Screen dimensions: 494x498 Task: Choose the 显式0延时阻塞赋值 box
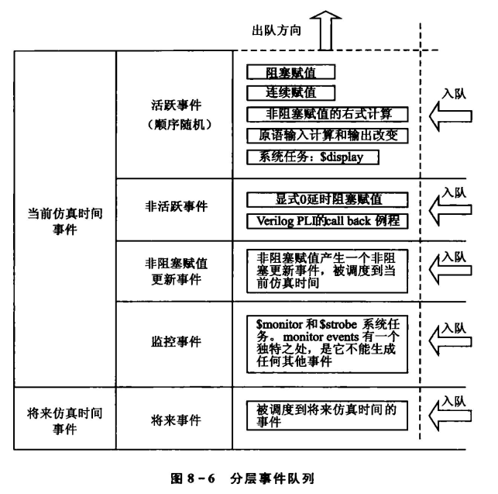coord(326,199)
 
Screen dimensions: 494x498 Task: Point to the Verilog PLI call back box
coord(326,219)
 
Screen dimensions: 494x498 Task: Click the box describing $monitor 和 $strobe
coord(326,338)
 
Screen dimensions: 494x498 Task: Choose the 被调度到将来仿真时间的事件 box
coord(326,415)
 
